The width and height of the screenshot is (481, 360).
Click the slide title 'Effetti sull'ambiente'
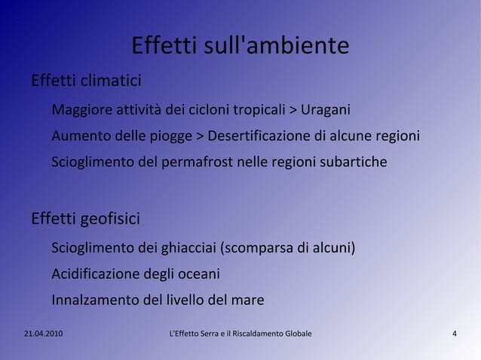tap(240, 45)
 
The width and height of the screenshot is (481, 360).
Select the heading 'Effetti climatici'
tap(85, 80)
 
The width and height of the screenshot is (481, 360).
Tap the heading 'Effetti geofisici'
tap(84, 219)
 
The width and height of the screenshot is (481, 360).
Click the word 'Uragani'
tap(325, 111)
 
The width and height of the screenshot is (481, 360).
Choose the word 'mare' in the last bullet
tap(247, 300)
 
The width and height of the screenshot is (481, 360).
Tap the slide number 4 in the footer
tap(454, 334)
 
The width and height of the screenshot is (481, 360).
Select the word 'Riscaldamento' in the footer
tap(262, 334)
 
